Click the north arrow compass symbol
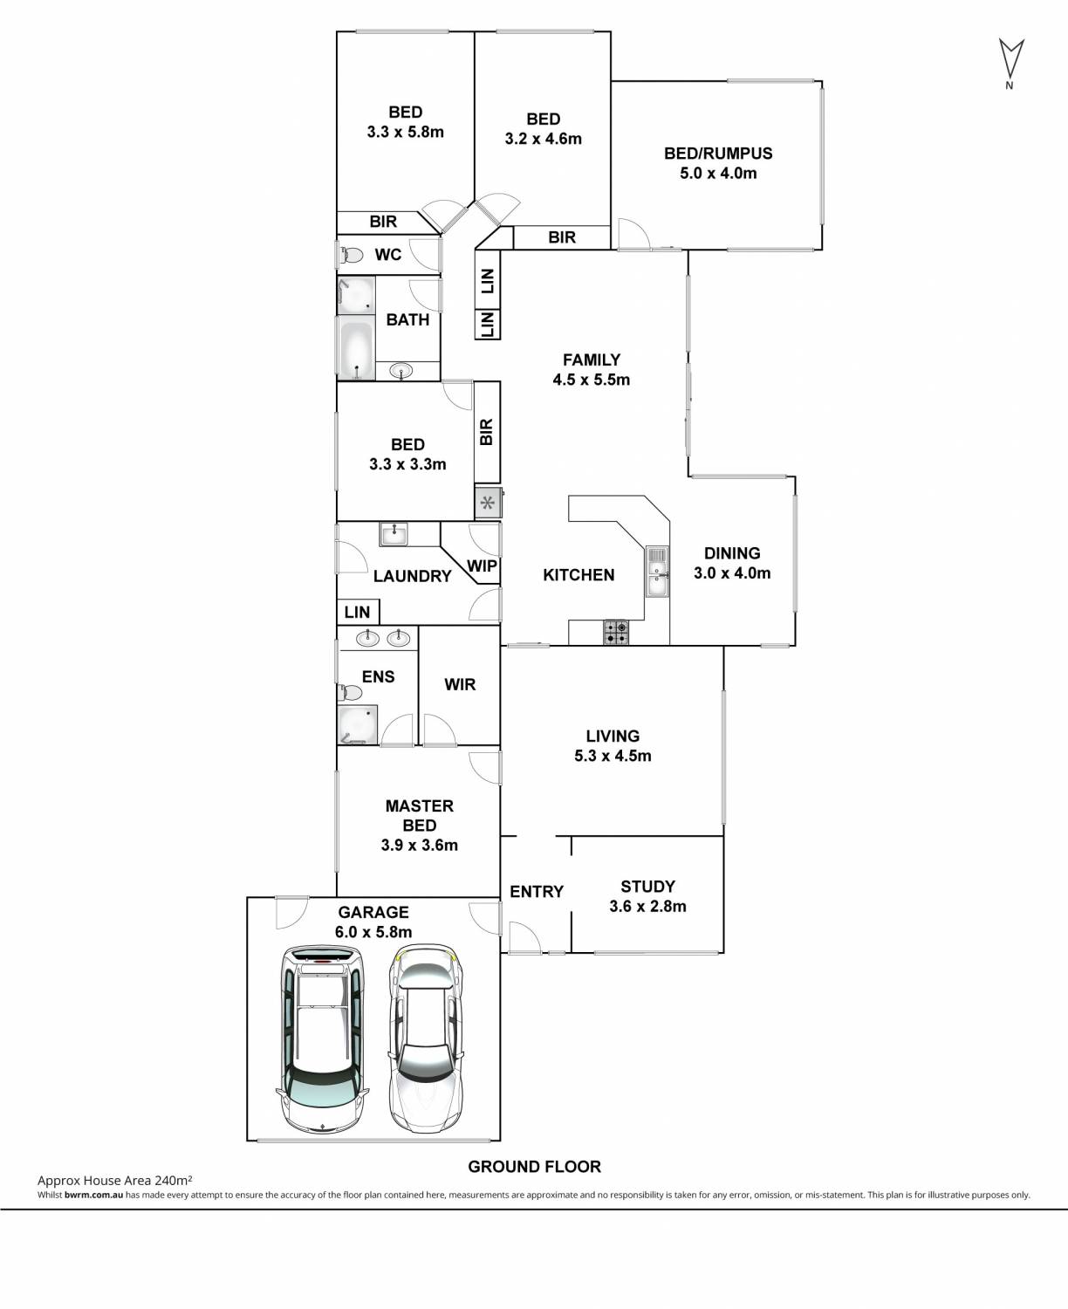pyautogui.click(x=1010, y=59)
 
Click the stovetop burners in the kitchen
pyautogui.click(x=617, y=632)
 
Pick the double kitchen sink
pyautogui.click(x=656, y=572)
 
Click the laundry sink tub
pyautogui.click(x=394, y=533)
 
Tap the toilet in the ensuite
pyautogui.click(x=349, y=693)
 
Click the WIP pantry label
pyautogui.click(x=482, y=565)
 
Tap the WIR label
pyautogui.click(x=460, y=685)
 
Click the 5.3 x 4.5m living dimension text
pyautogui.click(x=613, y=756)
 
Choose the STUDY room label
pyautogui.click(x=647, y=887)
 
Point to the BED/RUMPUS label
pyautogui.click(x=718, y=154)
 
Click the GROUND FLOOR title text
pyautogui.click(x=534, y=1166)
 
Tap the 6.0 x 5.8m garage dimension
pyautogui.click(x=373, y=932)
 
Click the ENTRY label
pyautogui.click(x=537, y=891)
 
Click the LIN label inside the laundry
pyautogui.click(x=357, y=612)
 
